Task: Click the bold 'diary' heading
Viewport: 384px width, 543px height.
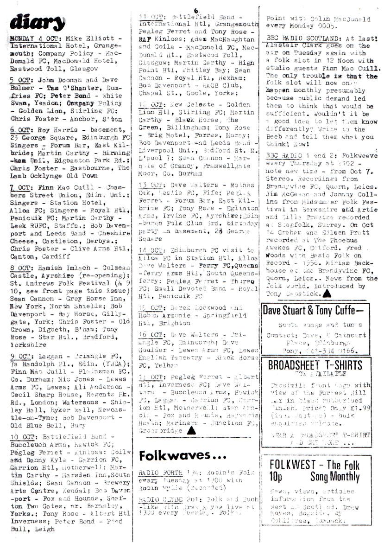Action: [x=37, y=22]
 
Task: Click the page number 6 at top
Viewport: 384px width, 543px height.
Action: [x=196, y=10]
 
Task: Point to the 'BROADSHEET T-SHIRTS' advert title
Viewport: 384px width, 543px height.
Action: [x=316, y=365]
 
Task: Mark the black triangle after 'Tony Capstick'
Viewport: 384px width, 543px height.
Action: [x=327, y=293]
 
